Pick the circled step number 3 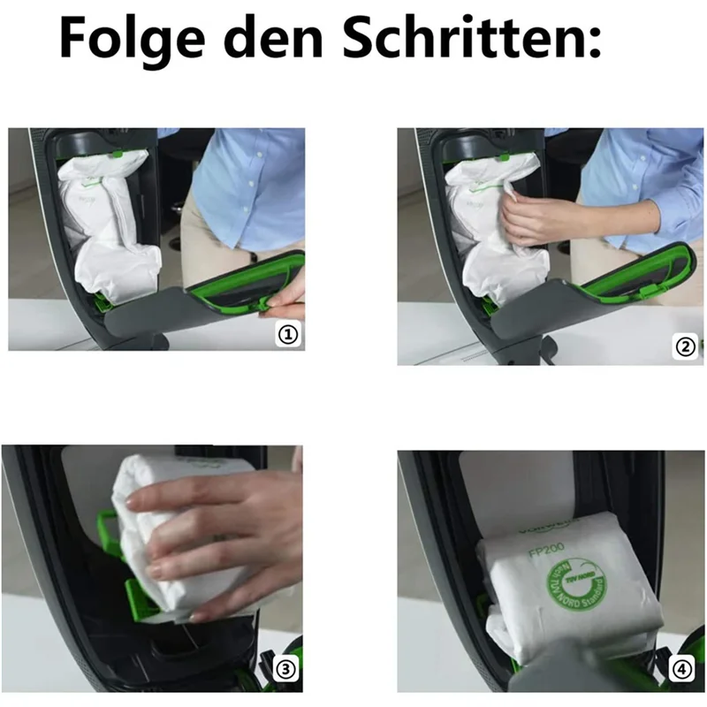284,670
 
